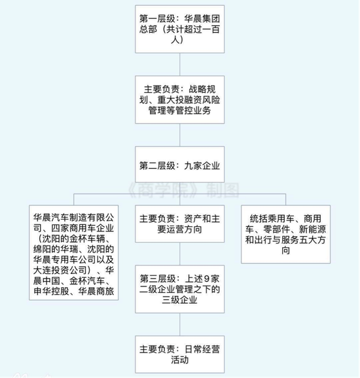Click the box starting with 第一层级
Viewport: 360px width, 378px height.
pos(180,29)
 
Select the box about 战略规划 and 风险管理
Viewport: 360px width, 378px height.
pos(180,99)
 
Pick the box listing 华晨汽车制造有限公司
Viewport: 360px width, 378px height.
pos(74,252)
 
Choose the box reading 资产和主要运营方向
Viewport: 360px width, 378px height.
pos(180,224)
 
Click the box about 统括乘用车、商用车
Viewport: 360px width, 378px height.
pos(285,234)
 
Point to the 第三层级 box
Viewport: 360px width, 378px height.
pos(180,289)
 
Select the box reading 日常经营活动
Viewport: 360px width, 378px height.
pos(180,354)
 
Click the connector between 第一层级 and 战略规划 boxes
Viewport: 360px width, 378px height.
pos(180,64)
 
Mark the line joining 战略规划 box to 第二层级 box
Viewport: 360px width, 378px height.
pos(180,135)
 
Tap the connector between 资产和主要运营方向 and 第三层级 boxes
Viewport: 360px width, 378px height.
pos(180,254)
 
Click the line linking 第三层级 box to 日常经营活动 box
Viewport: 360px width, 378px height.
pos(180,324)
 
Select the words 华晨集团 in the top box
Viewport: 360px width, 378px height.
pos(202,18)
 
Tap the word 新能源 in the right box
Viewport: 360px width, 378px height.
pos(312,230)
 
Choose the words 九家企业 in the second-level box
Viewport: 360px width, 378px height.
pos(202,165)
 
